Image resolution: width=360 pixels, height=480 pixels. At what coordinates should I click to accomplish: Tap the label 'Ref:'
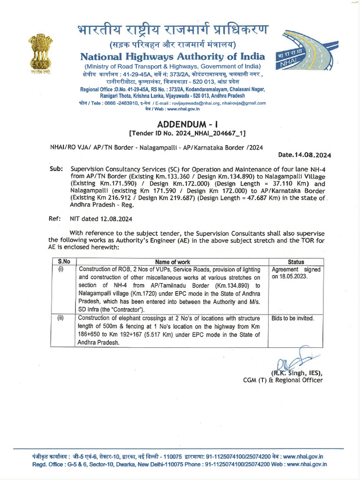pos(55,218)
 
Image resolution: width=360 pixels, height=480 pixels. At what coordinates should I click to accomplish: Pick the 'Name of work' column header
pos(172,262)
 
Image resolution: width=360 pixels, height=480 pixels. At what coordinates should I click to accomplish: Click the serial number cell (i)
pos(60,270)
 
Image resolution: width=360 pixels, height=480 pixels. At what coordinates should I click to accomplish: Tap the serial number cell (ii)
pos(60,318)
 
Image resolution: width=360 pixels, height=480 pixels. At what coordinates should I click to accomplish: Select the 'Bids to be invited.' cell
pos(292,318)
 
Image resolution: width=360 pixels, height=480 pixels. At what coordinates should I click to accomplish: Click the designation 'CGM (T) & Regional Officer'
pos(282,380)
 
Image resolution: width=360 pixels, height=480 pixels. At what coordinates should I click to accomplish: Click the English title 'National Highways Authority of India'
pos(172,57)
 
